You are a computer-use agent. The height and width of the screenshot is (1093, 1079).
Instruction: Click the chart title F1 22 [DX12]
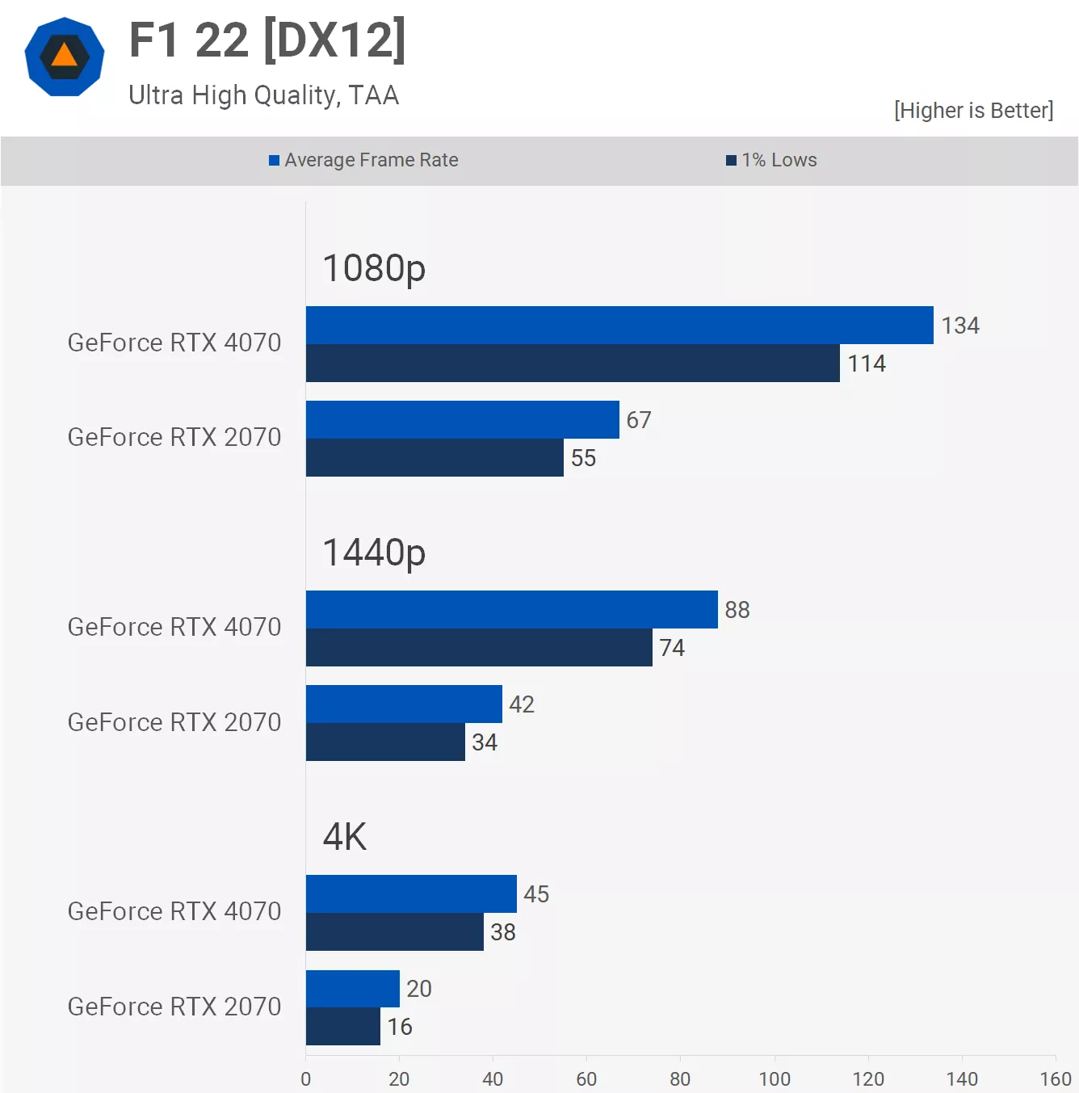pyautogui.click(x=267, y=40)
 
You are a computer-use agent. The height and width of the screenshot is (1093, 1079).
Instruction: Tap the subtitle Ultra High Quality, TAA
pyautogui.click(x=263, y=95)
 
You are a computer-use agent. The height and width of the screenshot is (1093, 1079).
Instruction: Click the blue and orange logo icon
pyautogui.click(x=65, y=57)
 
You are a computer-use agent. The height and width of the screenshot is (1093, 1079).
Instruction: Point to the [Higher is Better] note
pyautogui.click(x=973, y=110)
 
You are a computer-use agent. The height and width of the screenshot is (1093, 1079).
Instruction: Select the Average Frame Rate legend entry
pyautogui.click(x=363, y=160)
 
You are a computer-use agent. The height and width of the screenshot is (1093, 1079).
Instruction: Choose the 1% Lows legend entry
pyautogui.click(x=771, y=160)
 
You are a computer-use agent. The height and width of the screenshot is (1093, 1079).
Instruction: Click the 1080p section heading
pyautogui.click(x=374, y=267)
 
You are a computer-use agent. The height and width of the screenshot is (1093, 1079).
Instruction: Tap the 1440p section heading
pyautogui.click(x=374, y=553)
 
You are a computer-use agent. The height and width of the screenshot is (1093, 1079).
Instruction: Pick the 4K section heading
pyautogui.click(x=345, y=837)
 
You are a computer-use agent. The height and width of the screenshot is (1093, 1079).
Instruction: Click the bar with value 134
pyautogui.click(x=619, y=326)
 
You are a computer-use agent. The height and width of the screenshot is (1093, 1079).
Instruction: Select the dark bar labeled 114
pyautogui.click(x=573, y=364)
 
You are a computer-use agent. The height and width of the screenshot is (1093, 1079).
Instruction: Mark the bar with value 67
pyautogui.click(x=462, y=420)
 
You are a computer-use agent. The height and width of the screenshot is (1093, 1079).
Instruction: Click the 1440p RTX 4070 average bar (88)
pyautogui.click(x=511, y=610)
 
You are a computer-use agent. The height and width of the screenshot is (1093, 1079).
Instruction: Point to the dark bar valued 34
pyautogui.click(x=385, y=742)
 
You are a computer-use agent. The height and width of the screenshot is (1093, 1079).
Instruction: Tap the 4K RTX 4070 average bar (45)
pyautogui.click(x=411, y=894)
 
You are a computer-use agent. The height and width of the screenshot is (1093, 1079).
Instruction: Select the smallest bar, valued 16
pyautogui.click(x=342, y=1027)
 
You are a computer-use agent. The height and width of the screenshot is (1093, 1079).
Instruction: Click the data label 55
pyautogui.click(x=583, y=458)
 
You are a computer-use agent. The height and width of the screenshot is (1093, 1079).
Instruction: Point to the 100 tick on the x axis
pyautogui.click(x=775, y=1079)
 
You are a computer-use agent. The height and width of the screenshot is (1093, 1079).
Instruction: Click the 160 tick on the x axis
pyautogui.click(x=1055, y=1079)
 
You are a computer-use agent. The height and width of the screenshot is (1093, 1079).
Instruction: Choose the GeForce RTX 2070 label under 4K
pyautogui.click(x=174, y=1007)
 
